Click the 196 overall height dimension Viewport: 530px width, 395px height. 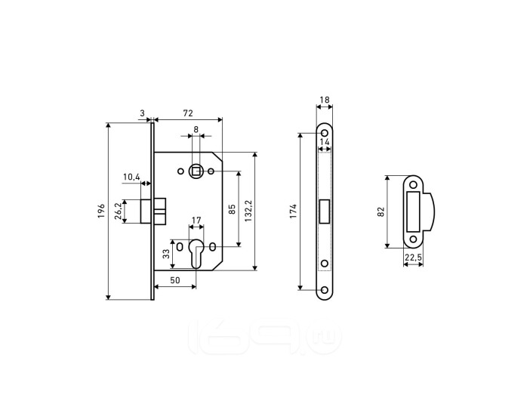tap(101, 211)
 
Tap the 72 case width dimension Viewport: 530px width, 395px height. tap(188, 113)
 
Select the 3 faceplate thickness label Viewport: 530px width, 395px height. tap(142, 113)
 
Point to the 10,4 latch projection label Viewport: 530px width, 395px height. tap(131, 177)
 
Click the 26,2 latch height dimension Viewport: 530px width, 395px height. tap(118, 211)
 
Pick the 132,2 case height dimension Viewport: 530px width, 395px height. tap(248, 211)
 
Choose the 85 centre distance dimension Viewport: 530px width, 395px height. tap(232, 209)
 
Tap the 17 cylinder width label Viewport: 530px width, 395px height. tap(196, 221)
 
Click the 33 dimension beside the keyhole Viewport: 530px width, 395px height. tap(166, 254)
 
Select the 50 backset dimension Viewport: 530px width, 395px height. tap(174, 280)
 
